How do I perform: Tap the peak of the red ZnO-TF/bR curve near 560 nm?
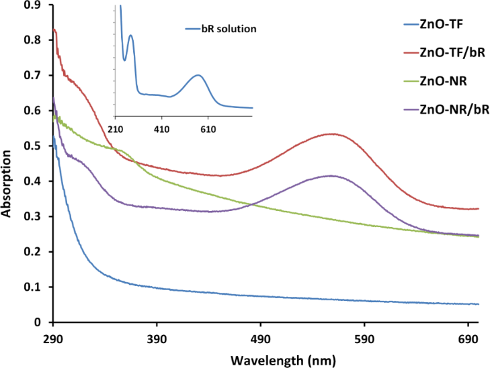pyautogui.click(x=332, y=134)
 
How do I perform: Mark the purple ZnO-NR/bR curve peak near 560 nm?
pyautogui.click(x=331, y=175)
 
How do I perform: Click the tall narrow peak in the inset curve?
pyautogui.click(x=130, y=36)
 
